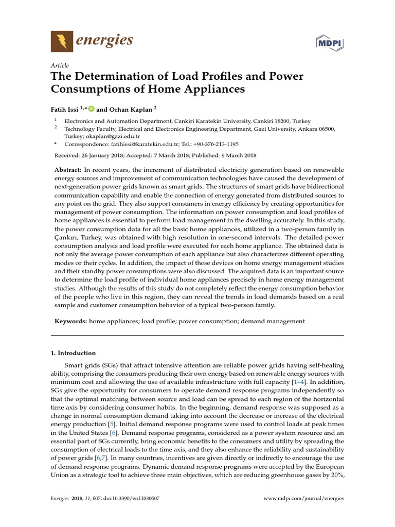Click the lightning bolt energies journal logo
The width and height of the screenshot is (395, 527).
pyautogui.click(x=62, y=41)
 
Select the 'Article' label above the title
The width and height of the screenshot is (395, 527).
pyautogui.click(x=60, y=66)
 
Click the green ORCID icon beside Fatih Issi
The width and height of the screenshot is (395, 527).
pyautogui.click(x=92, y=109)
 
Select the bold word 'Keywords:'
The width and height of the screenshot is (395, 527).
pyautogui.click(x=70, y=321)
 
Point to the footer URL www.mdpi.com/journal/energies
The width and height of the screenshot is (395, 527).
pyautogui.click(x=303, y=499)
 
